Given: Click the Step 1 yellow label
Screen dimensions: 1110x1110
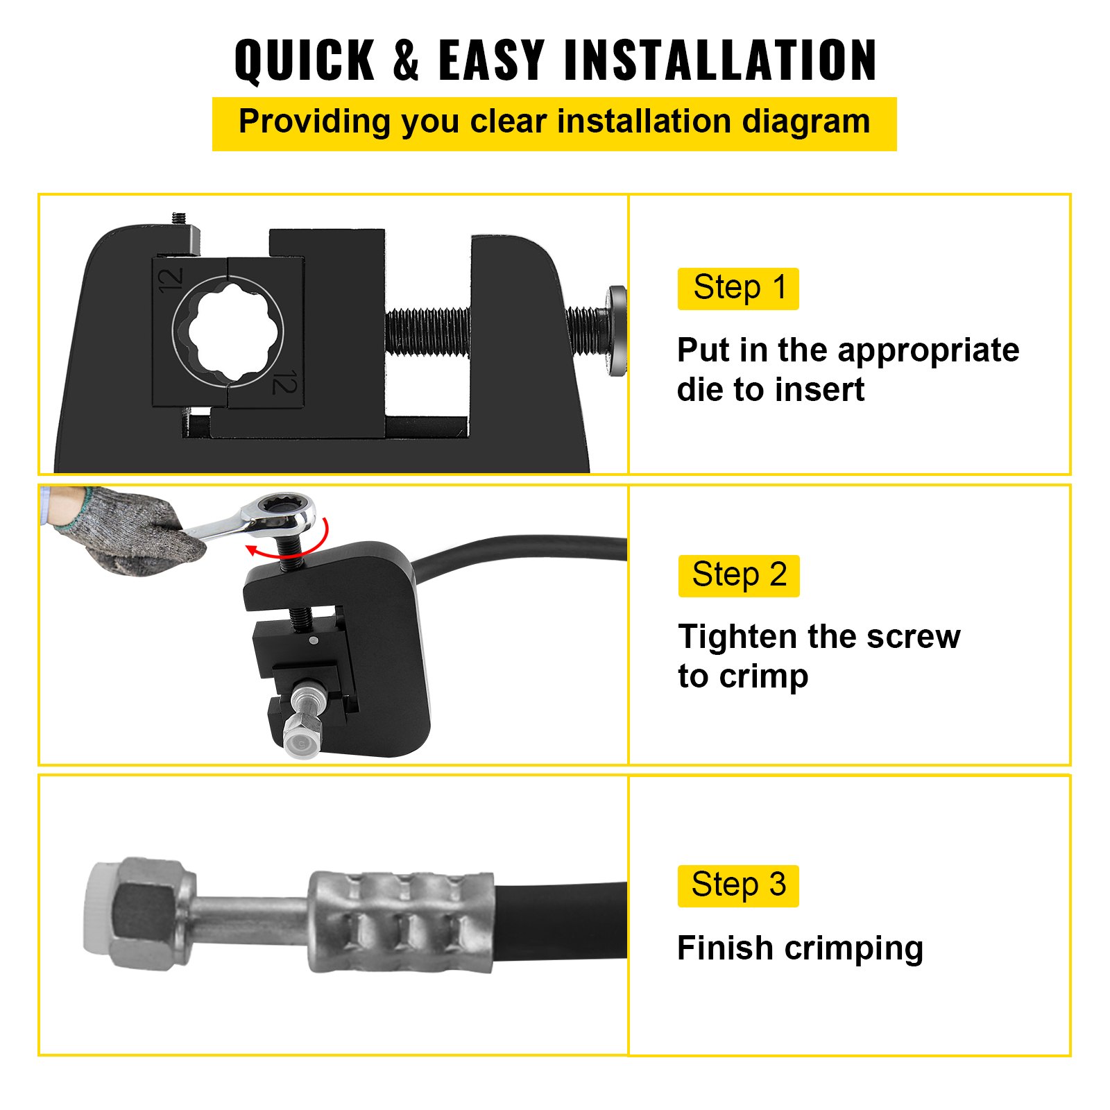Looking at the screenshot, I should [738, 289].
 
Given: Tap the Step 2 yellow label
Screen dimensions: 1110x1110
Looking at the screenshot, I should [739, 576].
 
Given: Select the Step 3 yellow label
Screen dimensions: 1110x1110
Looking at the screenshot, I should [738, 886].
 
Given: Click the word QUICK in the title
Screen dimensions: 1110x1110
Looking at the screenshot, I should [305, 61].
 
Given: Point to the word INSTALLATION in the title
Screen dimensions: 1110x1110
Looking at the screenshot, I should [721, 61].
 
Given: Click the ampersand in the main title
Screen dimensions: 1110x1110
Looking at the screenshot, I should [407, 61].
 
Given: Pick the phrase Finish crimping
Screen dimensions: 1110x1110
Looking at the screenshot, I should [800, 948].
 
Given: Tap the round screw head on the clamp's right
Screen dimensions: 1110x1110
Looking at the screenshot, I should [616, 330].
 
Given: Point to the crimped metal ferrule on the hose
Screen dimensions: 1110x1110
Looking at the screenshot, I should [401, 921].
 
